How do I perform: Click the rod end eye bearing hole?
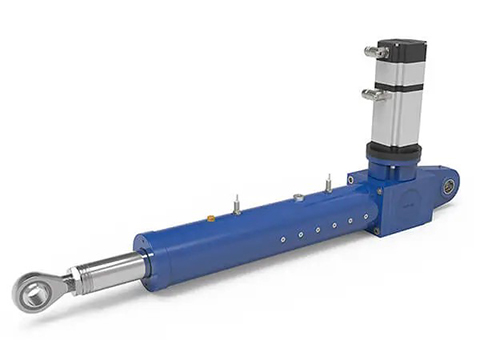[x=33, y=292]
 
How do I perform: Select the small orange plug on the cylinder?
[x=210, y=215]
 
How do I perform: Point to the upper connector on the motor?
[x=377, y=52]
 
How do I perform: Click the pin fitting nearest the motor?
[x=328, y=184]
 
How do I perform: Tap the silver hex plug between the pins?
[x=297, y=197]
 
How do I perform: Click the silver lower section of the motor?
[x=397, y=118]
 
